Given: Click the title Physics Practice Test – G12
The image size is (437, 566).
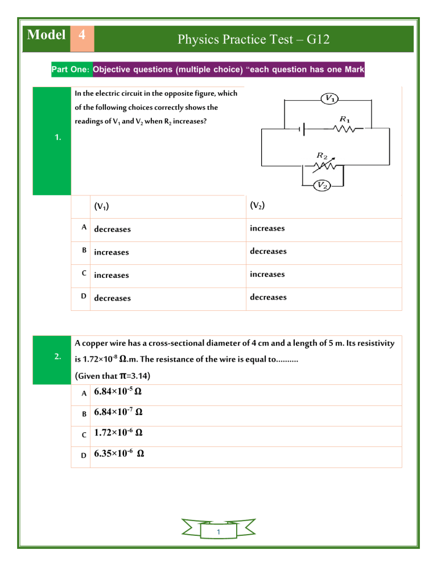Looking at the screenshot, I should (x=253, y=40).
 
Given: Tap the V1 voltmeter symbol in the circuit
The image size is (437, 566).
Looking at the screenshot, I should (x=328, y=99).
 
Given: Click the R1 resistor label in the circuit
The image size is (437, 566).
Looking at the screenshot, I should (x=344, y=118).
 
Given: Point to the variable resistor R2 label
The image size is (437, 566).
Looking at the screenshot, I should (x=321, y=155).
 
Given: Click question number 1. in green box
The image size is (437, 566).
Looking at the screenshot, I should (x=52, y=137).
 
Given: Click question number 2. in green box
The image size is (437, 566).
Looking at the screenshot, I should (x=57, y=357).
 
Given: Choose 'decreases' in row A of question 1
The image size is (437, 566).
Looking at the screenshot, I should (x=112, y=229).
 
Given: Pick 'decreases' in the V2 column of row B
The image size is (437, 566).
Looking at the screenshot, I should (x=268, y=251).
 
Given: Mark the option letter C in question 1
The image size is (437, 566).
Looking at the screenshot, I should (x=84, y=273).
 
